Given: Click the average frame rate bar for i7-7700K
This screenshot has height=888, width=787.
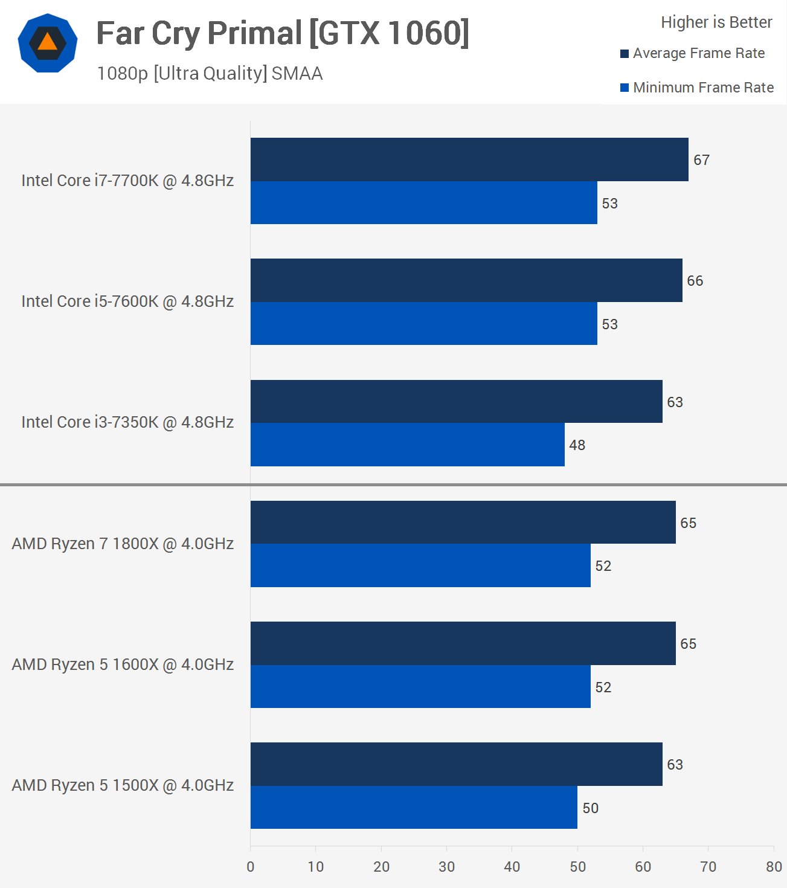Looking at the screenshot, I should tap(469, 159).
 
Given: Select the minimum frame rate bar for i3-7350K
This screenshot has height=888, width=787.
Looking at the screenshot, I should tap(408, 445).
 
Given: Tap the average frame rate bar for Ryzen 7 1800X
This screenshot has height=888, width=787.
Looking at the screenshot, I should tap(463, 523).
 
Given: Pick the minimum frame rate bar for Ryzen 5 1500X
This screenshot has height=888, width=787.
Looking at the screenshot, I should tap(414, 808).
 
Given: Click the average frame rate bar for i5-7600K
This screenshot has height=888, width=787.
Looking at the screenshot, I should tap(466, 280).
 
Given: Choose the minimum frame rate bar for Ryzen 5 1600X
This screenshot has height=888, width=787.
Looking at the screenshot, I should tap(420, 687).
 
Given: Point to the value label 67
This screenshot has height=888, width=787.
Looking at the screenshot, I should tap(701, 160).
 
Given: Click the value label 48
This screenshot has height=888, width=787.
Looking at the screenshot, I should tap(577, 445).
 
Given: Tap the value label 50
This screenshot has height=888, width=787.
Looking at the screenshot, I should tap(590, 808).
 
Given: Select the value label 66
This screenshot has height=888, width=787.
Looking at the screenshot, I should tap(695, 281).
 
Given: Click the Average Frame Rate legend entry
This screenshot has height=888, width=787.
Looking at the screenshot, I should tap(693, 53).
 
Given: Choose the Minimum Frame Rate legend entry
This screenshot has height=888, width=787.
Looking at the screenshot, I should tap(697, 88).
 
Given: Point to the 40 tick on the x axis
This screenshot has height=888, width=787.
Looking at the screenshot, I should tap(512, 867).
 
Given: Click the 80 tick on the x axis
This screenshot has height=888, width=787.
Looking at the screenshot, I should tap(774, 867).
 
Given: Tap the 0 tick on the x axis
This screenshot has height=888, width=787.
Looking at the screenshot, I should tap(251, 867).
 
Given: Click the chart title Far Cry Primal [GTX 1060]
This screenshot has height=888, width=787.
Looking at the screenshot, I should tap(283, 33).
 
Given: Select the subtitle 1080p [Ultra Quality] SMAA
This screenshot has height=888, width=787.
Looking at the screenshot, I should tap(210, 74).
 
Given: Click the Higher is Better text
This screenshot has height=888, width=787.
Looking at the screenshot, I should tap(716, 22).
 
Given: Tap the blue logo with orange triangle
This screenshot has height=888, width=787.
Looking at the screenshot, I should tap(48, 43).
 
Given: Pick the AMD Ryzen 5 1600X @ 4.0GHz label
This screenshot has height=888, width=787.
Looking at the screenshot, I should tap(123, 664).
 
